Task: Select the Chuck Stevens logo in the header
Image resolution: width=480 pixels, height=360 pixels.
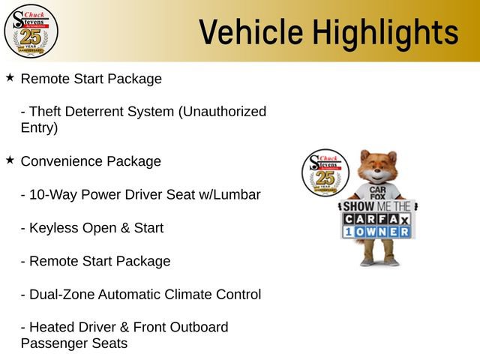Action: point(31,31)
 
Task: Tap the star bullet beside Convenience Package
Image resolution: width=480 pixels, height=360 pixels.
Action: point(10,160)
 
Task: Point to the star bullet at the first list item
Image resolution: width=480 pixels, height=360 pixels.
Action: point(10,78)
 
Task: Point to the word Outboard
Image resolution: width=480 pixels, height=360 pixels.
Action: point(199,328)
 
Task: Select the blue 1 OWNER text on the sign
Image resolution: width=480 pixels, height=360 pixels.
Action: point(377,232)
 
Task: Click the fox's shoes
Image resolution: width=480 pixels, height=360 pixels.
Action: point(377,262)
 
